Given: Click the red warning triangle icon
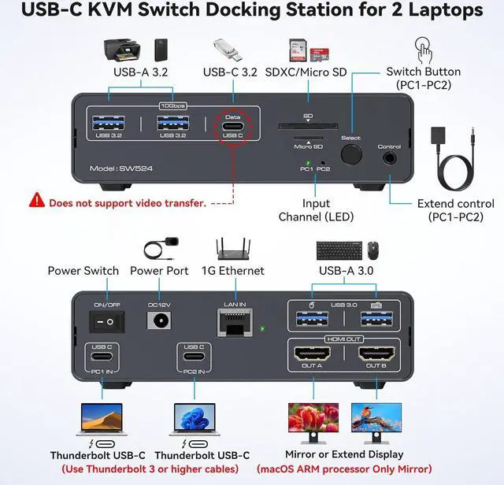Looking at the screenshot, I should point(37,201).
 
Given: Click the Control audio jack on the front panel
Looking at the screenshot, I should point(389,157).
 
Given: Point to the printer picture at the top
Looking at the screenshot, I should point(122,50).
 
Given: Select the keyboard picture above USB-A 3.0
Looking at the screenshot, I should point(339,251).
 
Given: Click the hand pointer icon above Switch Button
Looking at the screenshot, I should point(425,52).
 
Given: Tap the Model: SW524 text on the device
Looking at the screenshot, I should point(120,169).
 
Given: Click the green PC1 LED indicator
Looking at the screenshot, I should point(309,161).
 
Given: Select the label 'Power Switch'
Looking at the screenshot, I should point(83,271).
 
